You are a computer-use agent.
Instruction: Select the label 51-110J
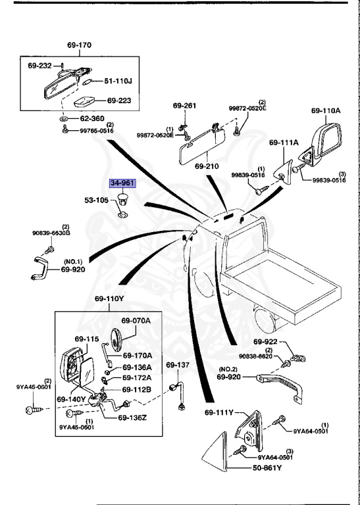pos(118,81)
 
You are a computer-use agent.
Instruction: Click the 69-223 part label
pos(120,101)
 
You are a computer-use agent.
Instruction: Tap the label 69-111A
pos(283,142)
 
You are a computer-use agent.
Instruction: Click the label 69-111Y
pos(219,412)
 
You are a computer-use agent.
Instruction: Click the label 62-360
pos(93,118)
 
